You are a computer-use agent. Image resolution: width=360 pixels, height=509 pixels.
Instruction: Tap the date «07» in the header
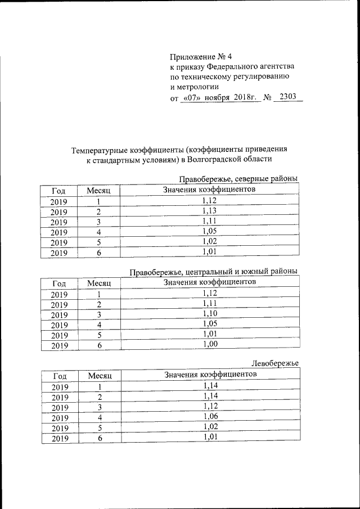tap(191, 98)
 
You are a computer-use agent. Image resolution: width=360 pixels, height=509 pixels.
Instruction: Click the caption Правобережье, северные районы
tap(238, 179)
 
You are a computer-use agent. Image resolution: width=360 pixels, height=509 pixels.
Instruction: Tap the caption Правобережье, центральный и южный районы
tap(213, 272)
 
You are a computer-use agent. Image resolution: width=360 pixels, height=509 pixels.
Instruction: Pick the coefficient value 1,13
tap(209, 211)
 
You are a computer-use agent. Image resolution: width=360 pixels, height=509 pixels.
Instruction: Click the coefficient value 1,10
tap(209, 313)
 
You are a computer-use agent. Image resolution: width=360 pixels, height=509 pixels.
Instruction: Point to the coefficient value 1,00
tap(209, 344)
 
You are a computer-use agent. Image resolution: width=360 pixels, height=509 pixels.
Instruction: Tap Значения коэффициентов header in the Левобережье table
tap(210, 374)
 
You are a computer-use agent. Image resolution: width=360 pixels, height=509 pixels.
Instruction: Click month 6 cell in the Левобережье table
tap(99, 438)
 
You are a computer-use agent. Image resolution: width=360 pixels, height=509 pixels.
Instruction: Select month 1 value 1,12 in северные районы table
tap(209, 201)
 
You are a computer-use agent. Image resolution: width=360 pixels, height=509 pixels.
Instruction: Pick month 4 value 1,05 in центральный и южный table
tap(209, 323)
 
